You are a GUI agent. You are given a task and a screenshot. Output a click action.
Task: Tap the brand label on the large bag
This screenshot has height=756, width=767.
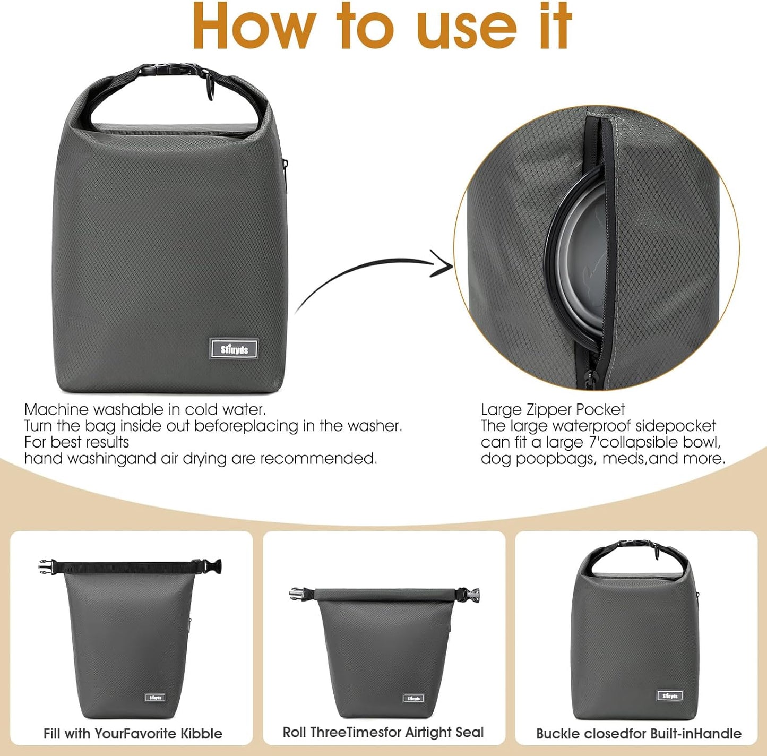234,349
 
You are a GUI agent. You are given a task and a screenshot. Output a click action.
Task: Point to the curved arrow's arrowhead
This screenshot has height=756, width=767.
442,263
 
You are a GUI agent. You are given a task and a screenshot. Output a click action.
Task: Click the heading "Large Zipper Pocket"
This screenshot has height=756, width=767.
553,409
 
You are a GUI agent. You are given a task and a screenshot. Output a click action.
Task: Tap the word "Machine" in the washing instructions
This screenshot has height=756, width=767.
56,409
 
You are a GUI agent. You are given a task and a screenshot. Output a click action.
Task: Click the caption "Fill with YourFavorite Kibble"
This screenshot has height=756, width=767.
133,734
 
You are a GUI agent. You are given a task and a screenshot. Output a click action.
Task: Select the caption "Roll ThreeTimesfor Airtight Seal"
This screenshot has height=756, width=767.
383,733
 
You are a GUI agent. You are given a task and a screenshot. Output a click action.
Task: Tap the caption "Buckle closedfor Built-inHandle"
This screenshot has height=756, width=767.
639,734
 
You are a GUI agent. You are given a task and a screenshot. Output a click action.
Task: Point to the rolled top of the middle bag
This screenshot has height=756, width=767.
384,594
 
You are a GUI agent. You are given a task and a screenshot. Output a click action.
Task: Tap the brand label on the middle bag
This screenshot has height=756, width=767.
413,698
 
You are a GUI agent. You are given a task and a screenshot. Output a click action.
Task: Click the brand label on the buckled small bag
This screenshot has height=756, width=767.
670,695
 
